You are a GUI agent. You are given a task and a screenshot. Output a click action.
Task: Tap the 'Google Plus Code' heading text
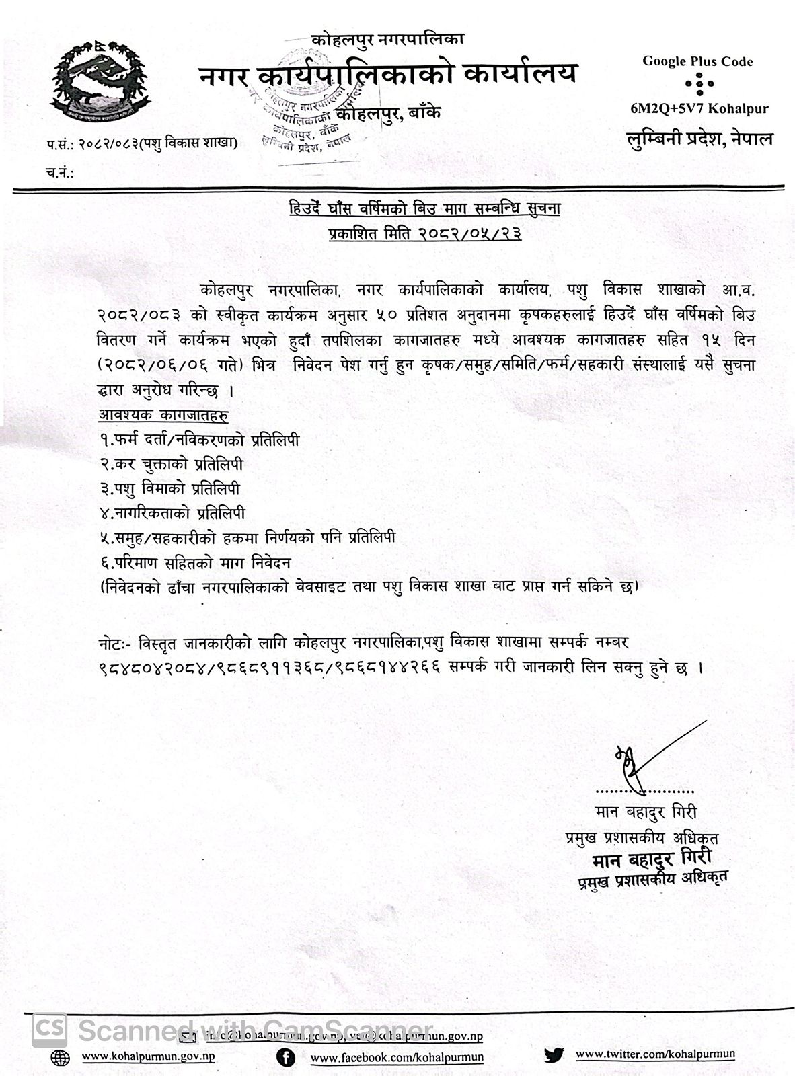click(x=697, y=62)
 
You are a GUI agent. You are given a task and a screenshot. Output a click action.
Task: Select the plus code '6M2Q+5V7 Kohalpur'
click(x=699, y=108)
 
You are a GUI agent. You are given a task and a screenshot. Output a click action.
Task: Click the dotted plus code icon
click(x=697, y=84)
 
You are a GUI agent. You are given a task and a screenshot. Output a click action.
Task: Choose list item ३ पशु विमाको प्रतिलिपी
click(x=169, y=489)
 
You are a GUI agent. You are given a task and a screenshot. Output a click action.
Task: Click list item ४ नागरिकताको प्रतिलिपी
click(x=172, y=514)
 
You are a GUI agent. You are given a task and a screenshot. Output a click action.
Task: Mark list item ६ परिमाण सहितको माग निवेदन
click(x=194, y=562)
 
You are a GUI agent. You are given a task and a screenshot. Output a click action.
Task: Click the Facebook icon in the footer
click(x=287, y=1058)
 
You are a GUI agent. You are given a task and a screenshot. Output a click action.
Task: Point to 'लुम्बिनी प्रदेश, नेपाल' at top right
click(x=697, y=139)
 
